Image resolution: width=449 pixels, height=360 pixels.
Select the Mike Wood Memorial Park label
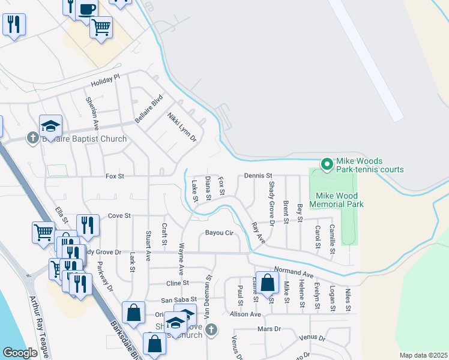click(x=336, y=200)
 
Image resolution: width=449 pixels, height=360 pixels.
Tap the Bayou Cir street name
click(x=218, y=232)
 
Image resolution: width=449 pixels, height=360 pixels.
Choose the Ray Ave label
click(x=258, y=233)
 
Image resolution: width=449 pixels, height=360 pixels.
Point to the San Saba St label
click(x=176, y=300)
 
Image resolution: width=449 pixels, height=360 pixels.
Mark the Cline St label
click(x=177, y=283)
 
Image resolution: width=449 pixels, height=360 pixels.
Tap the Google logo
click(x=20, y=353)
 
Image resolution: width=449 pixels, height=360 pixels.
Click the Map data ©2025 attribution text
click(x=423, y=355)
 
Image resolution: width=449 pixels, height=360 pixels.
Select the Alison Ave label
click(x=246, y=314)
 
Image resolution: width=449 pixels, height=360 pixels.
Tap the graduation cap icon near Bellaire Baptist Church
click(x=51, y=125)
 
